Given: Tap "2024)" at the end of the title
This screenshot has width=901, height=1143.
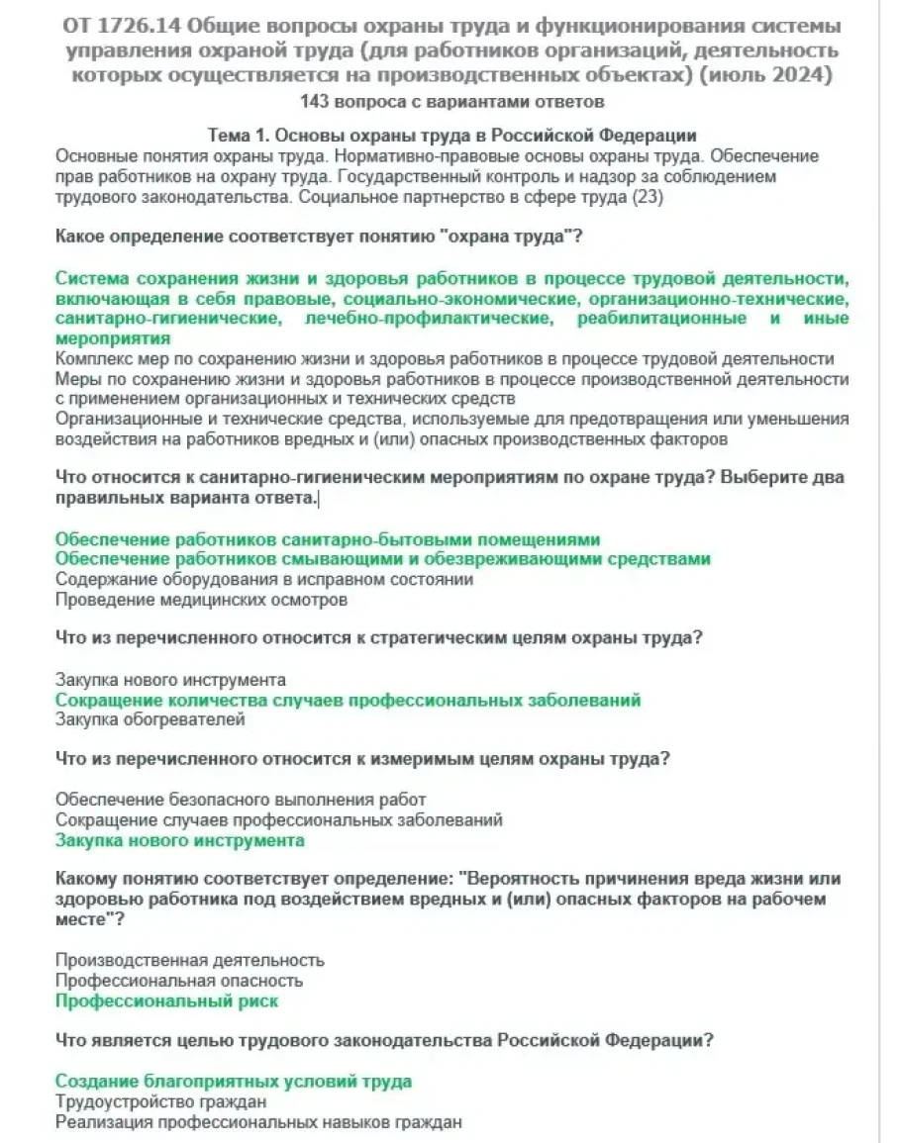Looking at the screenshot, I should [802, 76].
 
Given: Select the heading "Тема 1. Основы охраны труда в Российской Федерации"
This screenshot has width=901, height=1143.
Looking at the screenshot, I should [451, 136].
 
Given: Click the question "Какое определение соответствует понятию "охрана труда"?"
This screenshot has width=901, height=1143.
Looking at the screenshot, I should [318, 238].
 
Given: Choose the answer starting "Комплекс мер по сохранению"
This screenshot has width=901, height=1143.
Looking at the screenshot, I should [445, 358].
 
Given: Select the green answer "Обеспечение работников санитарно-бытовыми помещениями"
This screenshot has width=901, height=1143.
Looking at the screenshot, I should [328, 539].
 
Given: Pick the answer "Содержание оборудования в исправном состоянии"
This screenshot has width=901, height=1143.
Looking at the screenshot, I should [263, 579].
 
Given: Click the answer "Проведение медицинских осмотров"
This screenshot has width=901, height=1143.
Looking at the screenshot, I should [201, 599].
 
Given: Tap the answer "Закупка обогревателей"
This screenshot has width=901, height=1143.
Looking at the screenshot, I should [150, 719].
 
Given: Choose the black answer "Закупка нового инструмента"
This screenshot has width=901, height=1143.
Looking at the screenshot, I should [170, 680].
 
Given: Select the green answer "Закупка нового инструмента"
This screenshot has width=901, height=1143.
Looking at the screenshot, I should [179, 840].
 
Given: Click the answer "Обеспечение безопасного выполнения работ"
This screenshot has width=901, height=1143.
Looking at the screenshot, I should [241, 800].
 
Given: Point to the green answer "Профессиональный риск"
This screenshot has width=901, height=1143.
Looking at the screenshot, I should [166, 1000].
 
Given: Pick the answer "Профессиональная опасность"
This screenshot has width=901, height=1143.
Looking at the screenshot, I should [178, 981].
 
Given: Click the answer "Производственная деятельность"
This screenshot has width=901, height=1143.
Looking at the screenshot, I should [189, 960].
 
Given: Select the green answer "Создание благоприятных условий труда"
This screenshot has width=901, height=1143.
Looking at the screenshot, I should [233, 1082].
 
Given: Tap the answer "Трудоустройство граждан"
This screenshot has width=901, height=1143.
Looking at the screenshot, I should [160, 1101].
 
